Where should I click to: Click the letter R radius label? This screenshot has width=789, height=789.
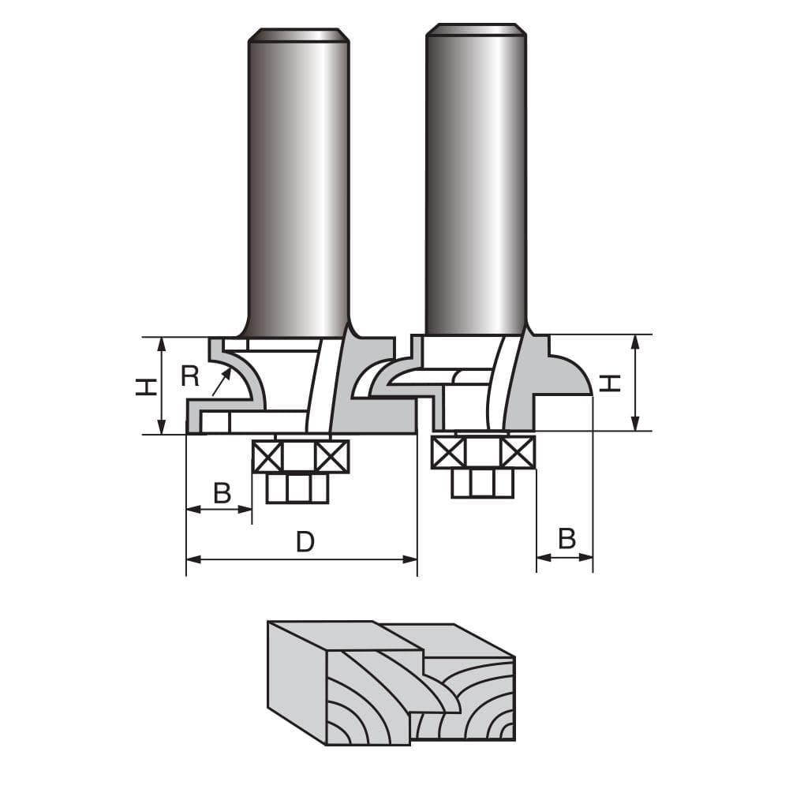pos(189,376)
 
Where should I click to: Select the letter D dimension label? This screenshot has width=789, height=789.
pos(305,542)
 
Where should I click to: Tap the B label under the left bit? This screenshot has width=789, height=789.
pos(222,493)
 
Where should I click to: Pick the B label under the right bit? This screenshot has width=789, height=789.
pos(567,539)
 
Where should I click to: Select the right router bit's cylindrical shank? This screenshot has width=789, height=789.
pos(476,181)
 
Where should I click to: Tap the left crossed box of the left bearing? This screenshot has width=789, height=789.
pos(267,457)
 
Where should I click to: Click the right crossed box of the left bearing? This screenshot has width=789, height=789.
pos(332,457)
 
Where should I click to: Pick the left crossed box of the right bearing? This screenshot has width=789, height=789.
pos(448,452)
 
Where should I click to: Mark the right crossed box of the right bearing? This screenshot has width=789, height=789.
pos(518,452)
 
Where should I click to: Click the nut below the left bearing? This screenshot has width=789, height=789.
pos(297,488)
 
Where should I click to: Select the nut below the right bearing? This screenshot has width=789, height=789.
pos(482,483)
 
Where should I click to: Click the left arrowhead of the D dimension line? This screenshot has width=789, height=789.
pos(192,559)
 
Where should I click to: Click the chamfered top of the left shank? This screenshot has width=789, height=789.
pos(298,36)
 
